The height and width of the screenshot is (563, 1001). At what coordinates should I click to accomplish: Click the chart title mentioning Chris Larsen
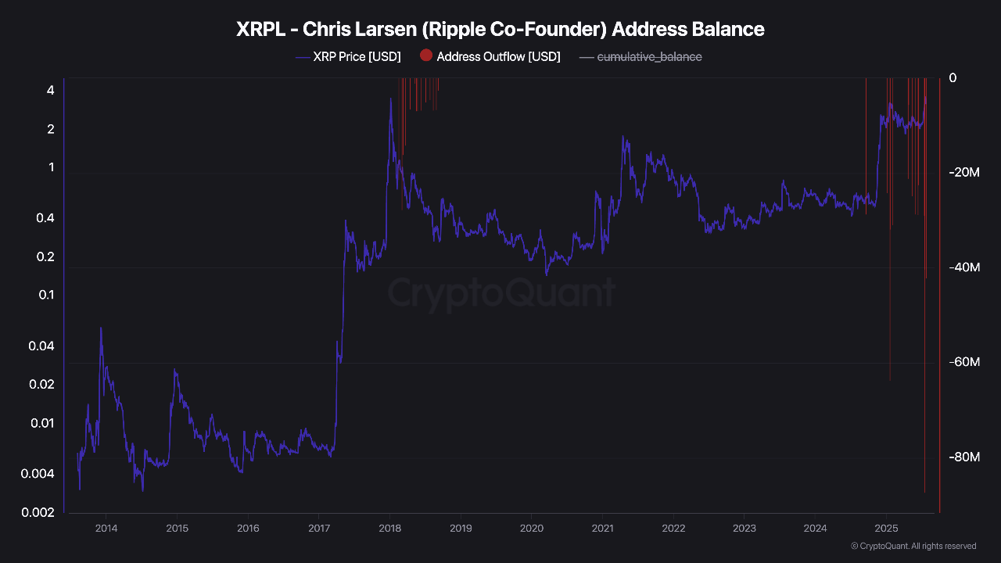(500, 30)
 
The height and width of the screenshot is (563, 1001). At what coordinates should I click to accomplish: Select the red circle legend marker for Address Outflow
(426, 56)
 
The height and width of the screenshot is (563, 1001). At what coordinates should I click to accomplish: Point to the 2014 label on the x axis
(106, 528)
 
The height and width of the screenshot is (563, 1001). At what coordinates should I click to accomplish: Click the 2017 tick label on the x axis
(318, 528)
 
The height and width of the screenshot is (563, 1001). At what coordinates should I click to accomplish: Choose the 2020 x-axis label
(531, 528)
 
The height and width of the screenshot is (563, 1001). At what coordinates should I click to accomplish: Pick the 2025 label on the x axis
(885, 528)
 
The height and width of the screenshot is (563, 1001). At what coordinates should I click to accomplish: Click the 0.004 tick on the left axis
(41, 474)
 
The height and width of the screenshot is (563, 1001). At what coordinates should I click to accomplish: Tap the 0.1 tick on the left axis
(47, 295)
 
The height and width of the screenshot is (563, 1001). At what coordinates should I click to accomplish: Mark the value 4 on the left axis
(51, 91)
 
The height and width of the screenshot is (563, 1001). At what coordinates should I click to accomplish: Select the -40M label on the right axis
(963, 267)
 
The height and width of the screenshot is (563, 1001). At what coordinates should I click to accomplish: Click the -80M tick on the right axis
(963, 457)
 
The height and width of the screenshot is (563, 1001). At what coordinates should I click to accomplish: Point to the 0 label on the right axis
(953, 78)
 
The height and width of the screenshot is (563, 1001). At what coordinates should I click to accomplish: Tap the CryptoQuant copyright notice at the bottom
(913, 546)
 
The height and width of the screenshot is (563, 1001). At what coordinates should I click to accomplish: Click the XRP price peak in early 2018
(390, 99)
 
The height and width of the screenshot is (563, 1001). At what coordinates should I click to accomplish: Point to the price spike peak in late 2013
(101, 328)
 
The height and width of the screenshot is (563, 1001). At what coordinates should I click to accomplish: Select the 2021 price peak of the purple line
(623, 138)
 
